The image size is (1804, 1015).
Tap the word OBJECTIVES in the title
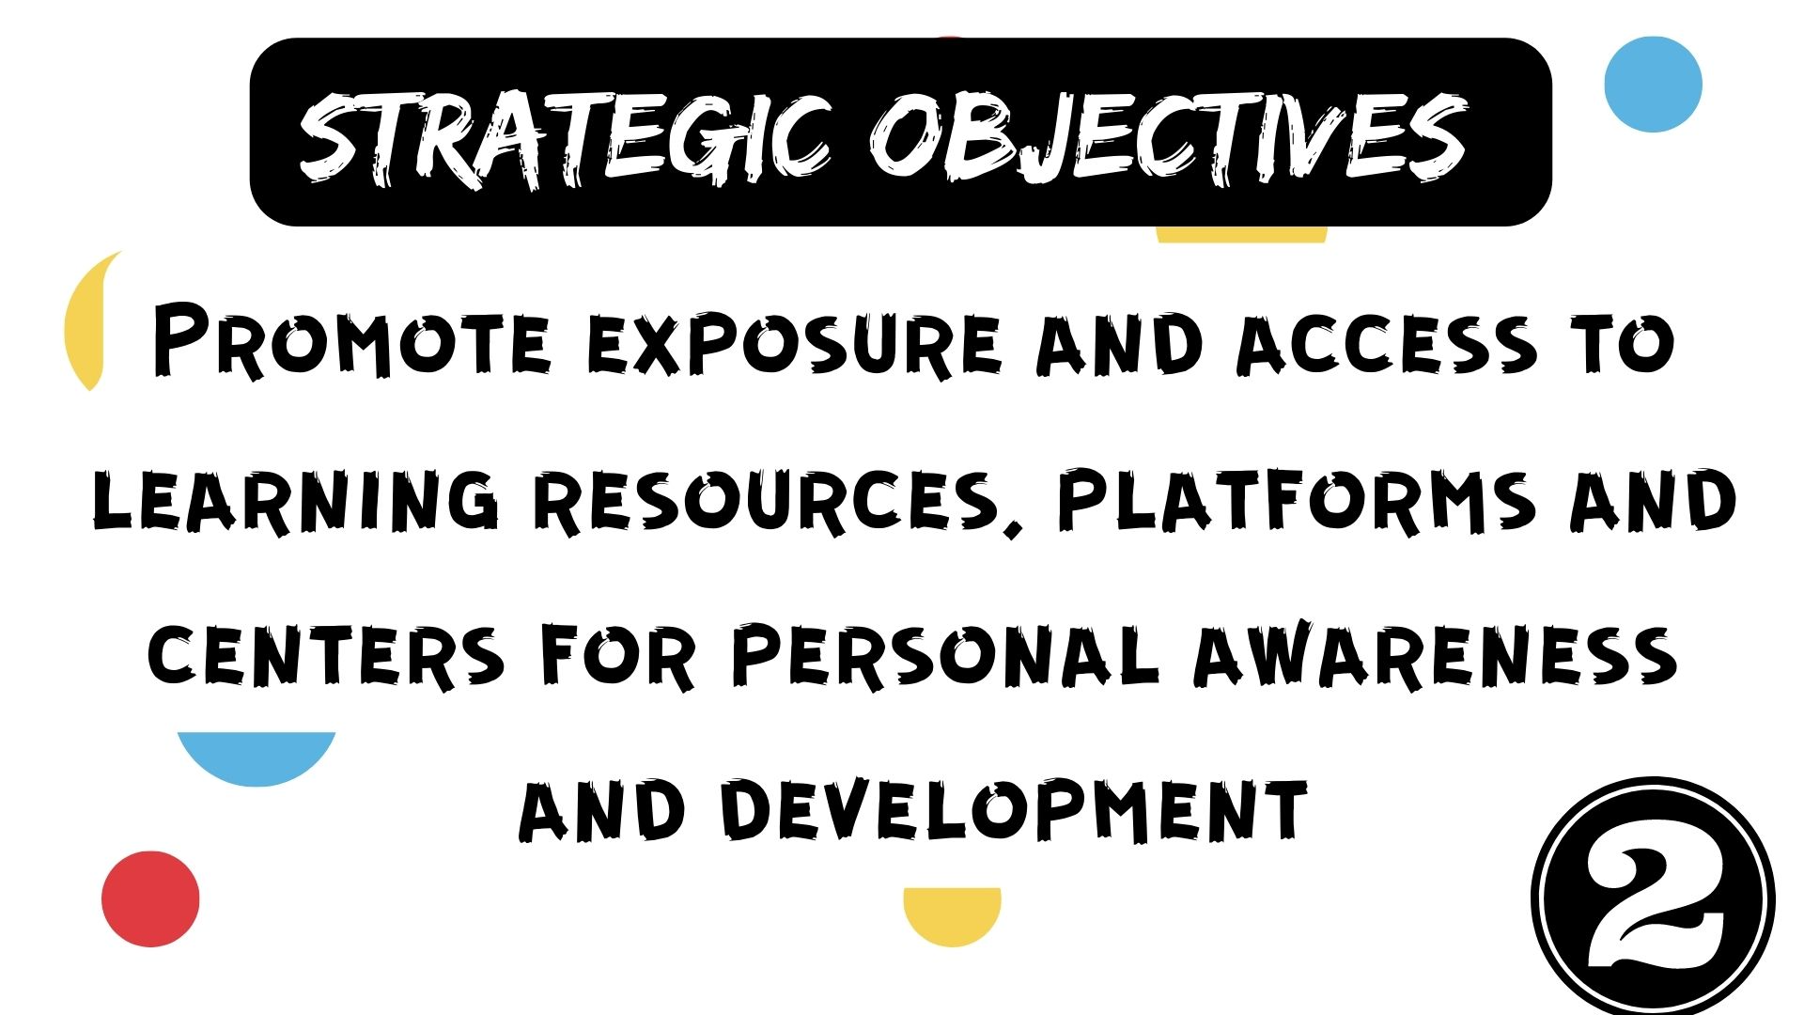[1168, 139]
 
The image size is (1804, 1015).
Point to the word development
[1015, 809]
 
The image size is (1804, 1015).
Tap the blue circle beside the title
[1653, 85]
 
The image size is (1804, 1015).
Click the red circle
[150, 898]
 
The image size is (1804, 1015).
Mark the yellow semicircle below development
[952, 913]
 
